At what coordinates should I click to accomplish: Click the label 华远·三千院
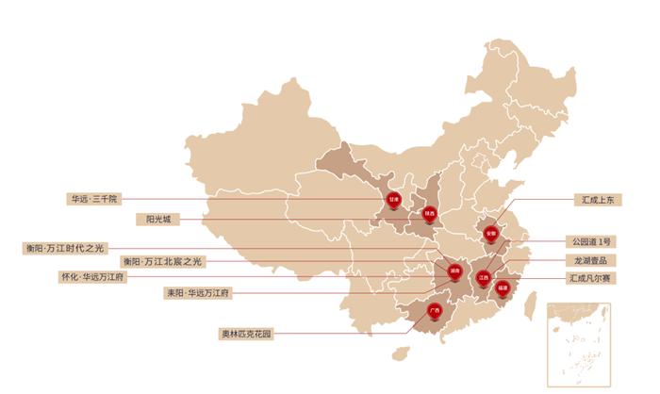[92, 200]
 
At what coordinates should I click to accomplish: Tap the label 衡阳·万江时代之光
[65, 248]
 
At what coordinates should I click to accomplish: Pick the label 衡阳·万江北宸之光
[160, 261]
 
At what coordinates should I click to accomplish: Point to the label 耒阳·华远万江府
[198, 293]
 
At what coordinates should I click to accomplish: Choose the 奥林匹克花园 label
[246, 333]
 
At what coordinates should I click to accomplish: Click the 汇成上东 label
[598, 200]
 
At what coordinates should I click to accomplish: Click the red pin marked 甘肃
[394, 200]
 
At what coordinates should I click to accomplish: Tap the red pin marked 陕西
[429, 214]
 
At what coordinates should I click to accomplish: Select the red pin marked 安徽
[490, 233]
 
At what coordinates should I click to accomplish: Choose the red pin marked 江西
[484, 278]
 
